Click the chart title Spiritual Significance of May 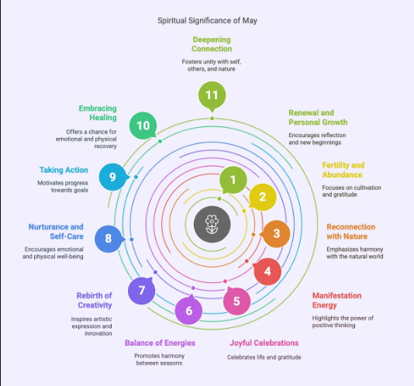coord(207,21)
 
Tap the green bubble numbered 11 coord(212,95)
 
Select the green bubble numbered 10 coord(143,126)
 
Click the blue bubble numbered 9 coord(113,177)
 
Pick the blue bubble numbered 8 coord(109,239)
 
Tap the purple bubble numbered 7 coord(142,291)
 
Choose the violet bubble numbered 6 coord(189,311)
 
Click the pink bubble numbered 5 coord(236,301)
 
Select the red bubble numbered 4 coord(267,271)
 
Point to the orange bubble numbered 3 coord(276,233)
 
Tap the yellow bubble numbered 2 coord(263,197)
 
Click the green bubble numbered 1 coord(233,180)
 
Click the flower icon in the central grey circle coord(212,224)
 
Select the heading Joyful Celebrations coord(264,343)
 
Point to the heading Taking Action coord(64,170)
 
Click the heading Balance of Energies coord(160,343)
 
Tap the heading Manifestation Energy coord(337,300)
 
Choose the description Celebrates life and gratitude coord(264,357)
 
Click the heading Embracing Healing coord(98,113)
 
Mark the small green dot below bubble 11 coord(212,119)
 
